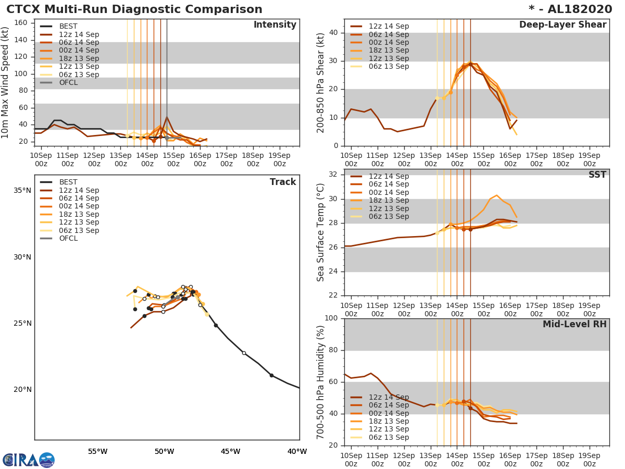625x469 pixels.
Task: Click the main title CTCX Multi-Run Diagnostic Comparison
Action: [x=134, y=9]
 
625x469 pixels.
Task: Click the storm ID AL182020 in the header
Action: [x=573, y=9]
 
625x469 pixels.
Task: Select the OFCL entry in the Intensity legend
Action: [x=68, y=82]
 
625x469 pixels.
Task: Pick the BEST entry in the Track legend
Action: [x=68, y=182]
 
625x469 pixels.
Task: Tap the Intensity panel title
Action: [x=274, y=25]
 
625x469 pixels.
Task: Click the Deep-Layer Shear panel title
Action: [x=562, y=25]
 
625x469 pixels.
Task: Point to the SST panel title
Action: [x=597, y=175]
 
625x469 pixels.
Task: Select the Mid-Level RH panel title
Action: [x=574, y=324]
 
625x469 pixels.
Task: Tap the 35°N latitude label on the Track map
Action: [x=22, y=191]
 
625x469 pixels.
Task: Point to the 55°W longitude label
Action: [x=97, y=451]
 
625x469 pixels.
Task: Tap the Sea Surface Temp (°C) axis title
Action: [x=321, y=232]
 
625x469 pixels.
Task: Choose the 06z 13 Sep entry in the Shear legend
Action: [x=389, y=66]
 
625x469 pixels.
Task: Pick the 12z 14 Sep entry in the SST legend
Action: [x=389, y=176]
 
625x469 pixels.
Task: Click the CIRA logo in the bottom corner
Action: [x=29, y=460]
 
